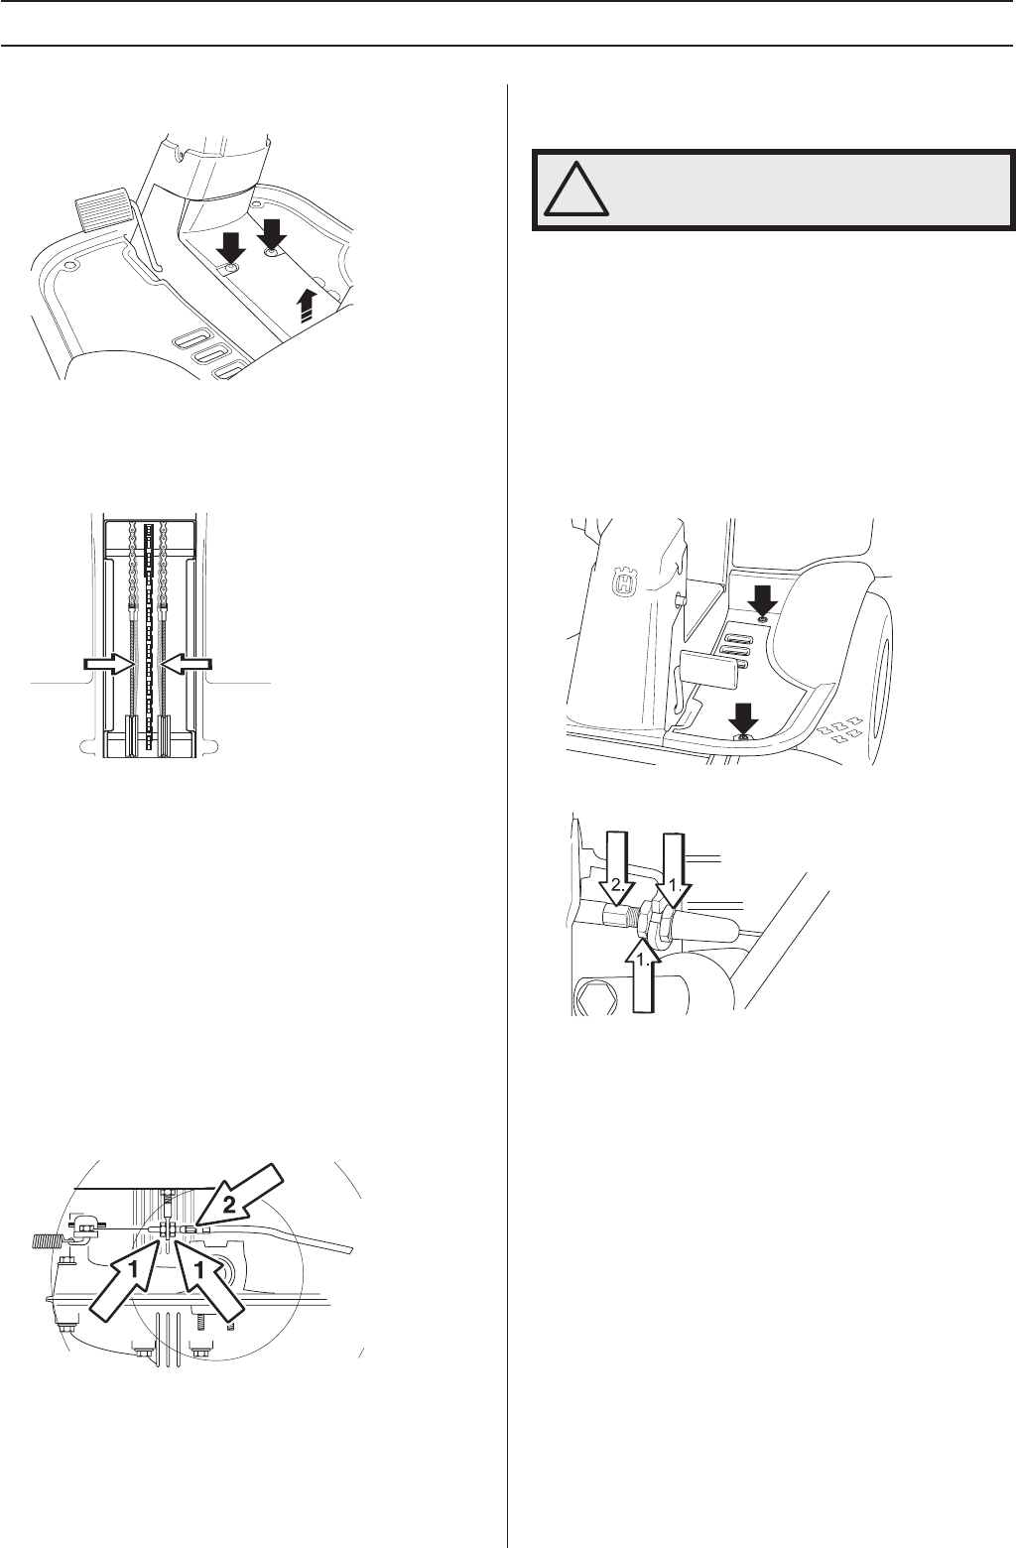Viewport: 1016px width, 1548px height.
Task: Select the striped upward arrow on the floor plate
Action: point(307,304)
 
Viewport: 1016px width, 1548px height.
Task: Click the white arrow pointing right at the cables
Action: point(109,664)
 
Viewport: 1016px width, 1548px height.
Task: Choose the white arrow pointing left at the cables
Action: point(187,664)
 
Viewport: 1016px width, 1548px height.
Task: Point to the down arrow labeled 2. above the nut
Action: point(618,871)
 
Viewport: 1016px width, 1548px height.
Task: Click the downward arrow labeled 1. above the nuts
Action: point(675,872)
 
